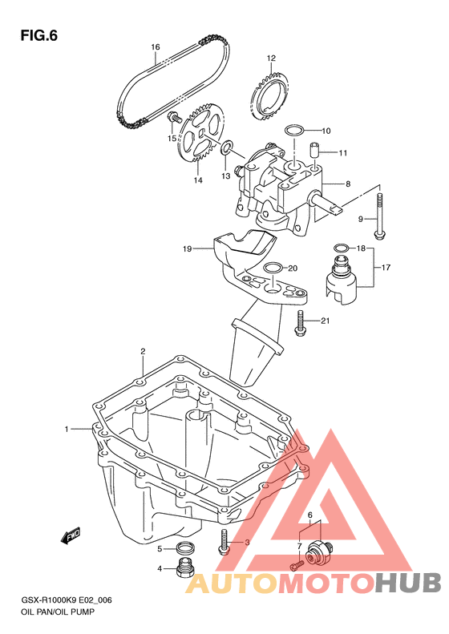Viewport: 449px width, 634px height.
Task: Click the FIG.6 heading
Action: [38, 35]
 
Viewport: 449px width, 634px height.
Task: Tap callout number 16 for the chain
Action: [156, 47]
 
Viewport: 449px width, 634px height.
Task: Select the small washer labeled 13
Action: [227, 147]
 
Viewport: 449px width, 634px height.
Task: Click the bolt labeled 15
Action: [174, 118]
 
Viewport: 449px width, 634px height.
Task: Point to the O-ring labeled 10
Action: [294, 131]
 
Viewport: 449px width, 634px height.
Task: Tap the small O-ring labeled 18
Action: [341, 248]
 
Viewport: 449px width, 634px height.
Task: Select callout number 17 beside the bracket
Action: [386, 267]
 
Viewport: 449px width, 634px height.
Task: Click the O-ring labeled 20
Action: [272, 268]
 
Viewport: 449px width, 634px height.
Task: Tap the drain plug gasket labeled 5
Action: [186, 548]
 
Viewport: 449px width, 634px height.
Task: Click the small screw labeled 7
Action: [297, 563]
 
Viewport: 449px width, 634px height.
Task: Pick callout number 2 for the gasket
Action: [143, 351]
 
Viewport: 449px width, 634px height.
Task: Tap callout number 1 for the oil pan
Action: [67, 429]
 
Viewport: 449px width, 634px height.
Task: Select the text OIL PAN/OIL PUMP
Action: [58, 612]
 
